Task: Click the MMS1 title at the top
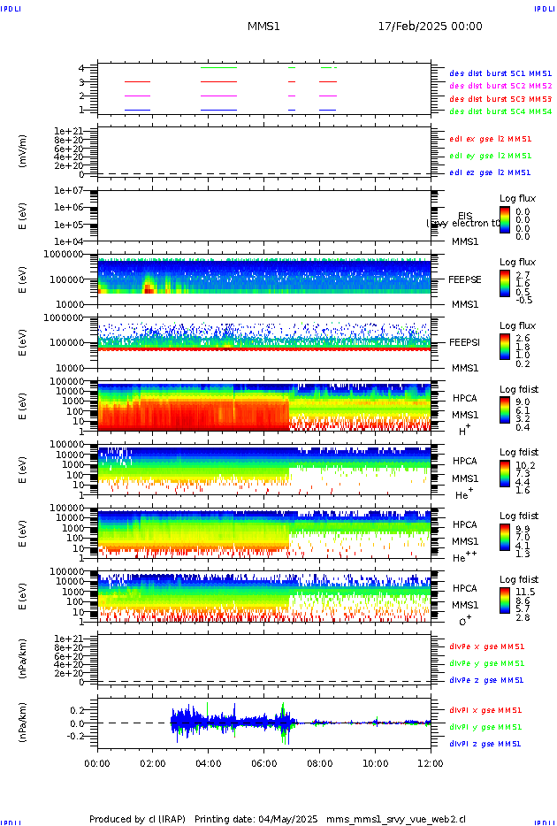263,27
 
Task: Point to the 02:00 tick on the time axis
153,761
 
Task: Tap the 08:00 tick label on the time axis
320,761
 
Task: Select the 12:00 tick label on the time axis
431,761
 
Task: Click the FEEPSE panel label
465,279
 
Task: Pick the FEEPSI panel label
465,342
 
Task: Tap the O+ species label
465,621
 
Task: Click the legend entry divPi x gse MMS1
485,710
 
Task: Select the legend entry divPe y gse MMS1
485,663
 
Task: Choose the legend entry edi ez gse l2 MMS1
490,172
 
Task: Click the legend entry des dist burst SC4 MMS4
500,112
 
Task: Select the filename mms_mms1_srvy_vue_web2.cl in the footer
395,820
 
